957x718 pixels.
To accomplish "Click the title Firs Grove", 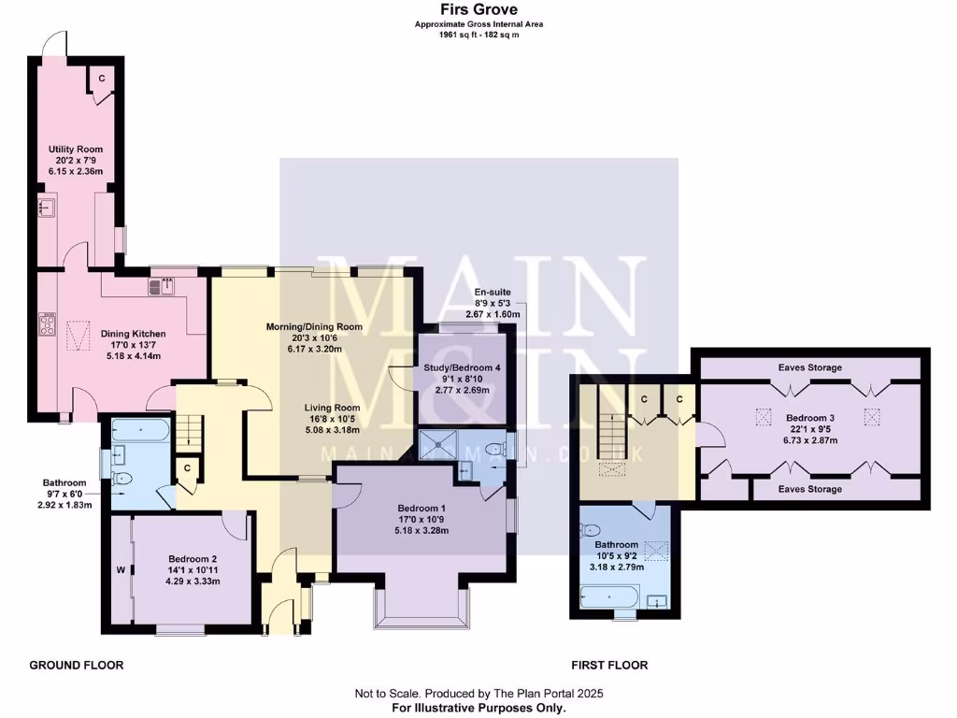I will (478, 10).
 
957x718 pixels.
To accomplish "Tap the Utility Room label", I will (76, 149).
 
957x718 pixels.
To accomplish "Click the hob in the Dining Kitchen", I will (46, 324).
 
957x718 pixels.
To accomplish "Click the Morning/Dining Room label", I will (314, 326).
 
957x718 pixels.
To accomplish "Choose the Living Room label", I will (334, 408).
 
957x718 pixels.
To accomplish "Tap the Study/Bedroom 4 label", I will (462, 368).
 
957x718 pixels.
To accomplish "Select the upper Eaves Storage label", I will (810, 367).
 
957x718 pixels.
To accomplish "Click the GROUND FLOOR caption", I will (77, 666).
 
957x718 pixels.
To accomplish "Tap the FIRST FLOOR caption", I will (609, 666).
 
